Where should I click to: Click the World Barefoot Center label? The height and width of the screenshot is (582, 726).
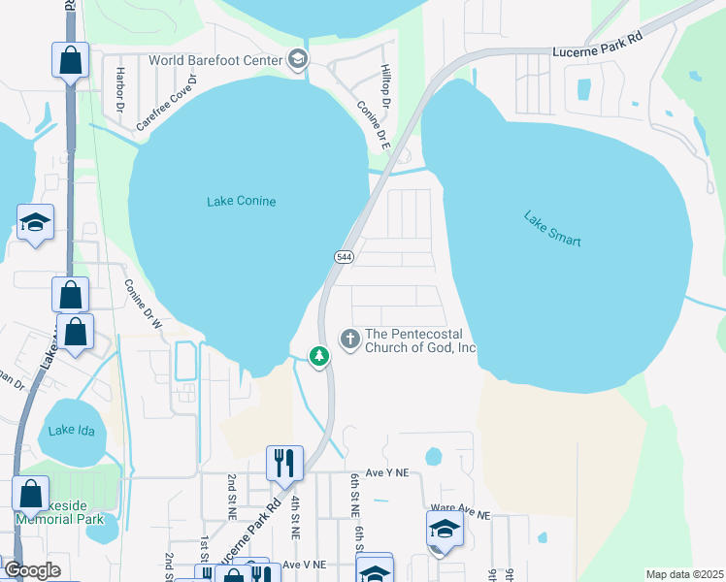(214, 60)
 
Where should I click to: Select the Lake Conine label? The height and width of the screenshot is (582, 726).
(242, 202)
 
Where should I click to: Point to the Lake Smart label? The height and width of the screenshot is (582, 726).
(552, 229)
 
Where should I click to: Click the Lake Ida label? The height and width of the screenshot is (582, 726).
(74, 430)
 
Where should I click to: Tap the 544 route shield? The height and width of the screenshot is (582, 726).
(344, 257)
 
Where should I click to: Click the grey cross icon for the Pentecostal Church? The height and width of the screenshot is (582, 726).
(349, 339)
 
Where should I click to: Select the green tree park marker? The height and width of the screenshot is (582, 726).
(318, 356)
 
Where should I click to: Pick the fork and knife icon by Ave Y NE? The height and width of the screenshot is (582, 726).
(284, 461)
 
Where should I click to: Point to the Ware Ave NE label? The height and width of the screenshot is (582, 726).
(460, 508)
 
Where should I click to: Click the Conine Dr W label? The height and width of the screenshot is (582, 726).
(141, 306)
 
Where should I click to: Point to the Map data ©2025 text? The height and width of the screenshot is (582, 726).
(684, 574)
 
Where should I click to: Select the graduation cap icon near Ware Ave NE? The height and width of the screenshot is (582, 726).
(445, 529)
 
